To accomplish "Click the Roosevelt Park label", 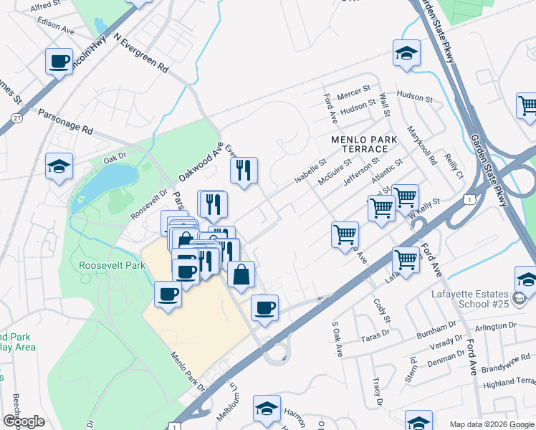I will click(x=113, y=265).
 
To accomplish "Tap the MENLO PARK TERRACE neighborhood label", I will click(x=359, y=144).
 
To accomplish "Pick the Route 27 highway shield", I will click(x=16, y=117).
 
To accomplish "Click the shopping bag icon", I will click(x=241, y=274).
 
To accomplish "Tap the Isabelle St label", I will click(x=310, y=170).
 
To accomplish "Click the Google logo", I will click(x=24, y=421).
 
